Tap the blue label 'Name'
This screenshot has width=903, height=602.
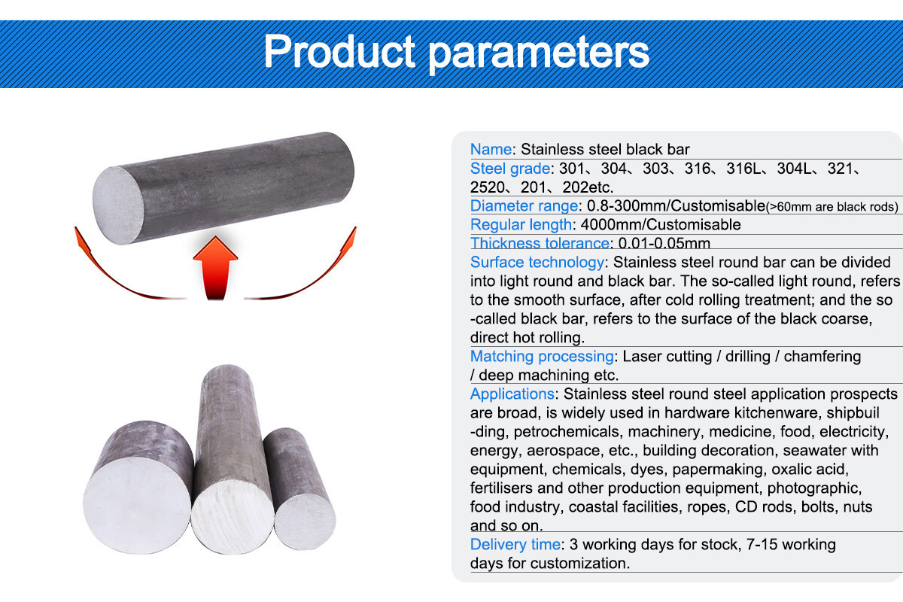(x=491, y=149)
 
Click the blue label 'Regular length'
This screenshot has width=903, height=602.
(x=521, y=224)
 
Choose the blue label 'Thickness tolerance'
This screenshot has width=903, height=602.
(x=539, y=243)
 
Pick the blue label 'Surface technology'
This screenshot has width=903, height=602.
(x=537, y=262)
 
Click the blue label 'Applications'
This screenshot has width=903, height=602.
(x=512, y=394)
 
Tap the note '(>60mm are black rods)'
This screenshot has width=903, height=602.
(x=832, y=206)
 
